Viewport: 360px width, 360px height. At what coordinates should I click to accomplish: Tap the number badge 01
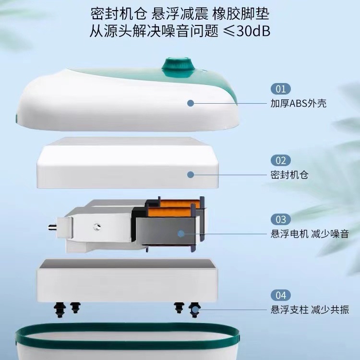coord(281,89)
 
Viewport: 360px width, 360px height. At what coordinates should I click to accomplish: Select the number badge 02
coord(281,160)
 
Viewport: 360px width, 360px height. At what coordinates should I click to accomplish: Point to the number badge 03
coord(281,219)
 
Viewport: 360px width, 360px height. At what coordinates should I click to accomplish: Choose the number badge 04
coord(281,295)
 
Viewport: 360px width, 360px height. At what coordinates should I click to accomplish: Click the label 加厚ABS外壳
coord(298,104)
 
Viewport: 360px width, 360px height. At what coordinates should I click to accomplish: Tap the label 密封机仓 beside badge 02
coord(289,175)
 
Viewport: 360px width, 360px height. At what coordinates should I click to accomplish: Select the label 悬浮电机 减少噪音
coord(310,234)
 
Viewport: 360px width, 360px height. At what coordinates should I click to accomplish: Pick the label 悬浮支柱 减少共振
coord(310,310)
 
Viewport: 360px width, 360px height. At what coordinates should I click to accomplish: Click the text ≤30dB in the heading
coord(247,31)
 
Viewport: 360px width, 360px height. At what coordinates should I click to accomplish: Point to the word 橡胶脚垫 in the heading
coord(240,14)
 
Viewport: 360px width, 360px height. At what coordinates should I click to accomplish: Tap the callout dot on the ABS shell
coord(191,103)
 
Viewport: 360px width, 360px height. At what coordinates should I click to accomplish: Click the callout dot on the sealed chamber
coord(191,175)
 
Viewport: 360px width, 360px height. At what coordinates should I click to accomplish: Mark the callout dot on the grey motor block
coord(181,234)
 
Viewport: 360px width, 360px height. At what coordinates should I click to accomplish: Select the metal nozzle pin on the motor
coord(52,228)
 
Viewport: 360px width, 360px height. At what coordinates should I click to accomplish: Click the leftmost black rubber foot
coord(60,310)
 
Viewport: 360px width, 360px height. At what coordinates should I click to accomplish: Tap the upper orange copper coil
coord(179,204)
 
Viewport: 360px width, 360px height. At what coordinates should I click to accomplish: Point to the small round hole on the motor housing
coord(97,227)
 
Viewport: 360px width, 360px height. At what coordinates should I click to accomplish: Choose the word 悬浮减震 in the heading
coord(180,14)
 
